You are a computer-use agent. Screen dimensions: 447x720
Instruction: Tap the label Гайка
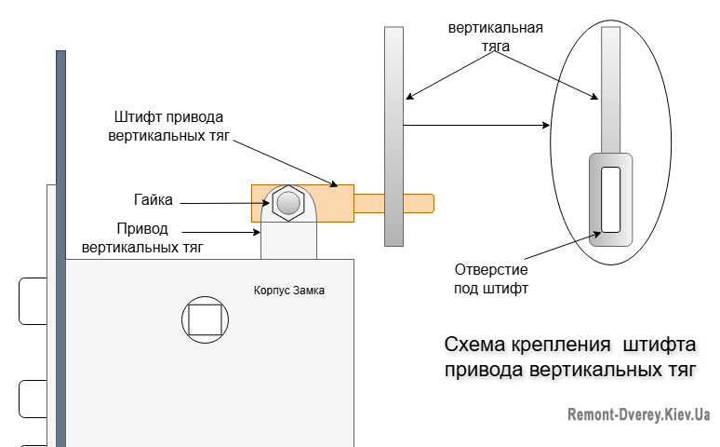click(153, 199)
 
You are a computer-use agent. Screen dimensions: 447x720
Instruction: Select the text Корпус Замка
click(291, 291)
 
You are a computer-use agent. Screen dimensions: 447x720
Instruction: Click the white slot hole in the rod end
click(610, 199)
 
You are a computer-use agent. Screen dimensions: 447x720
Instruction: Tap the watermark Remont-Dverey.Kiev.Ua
click(639, 414)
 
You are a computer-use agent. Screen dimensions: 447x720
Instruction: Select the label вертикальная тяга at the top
click(495, 35)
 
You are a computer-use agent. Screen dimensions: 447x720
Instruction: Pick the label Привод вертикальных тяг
click(142, 237)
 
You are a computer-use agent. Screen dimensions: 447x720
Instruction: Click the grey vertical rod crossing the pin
click(393, 135)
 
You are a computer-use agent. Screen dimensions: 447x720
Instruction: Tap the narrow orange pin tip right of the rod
click(419, 202)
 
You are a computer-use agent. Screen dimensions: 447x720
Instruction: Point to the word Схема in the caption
click(474, 346)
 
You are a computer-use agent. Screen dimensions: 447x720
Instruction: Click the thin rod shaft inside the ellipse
click(610, 88)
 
